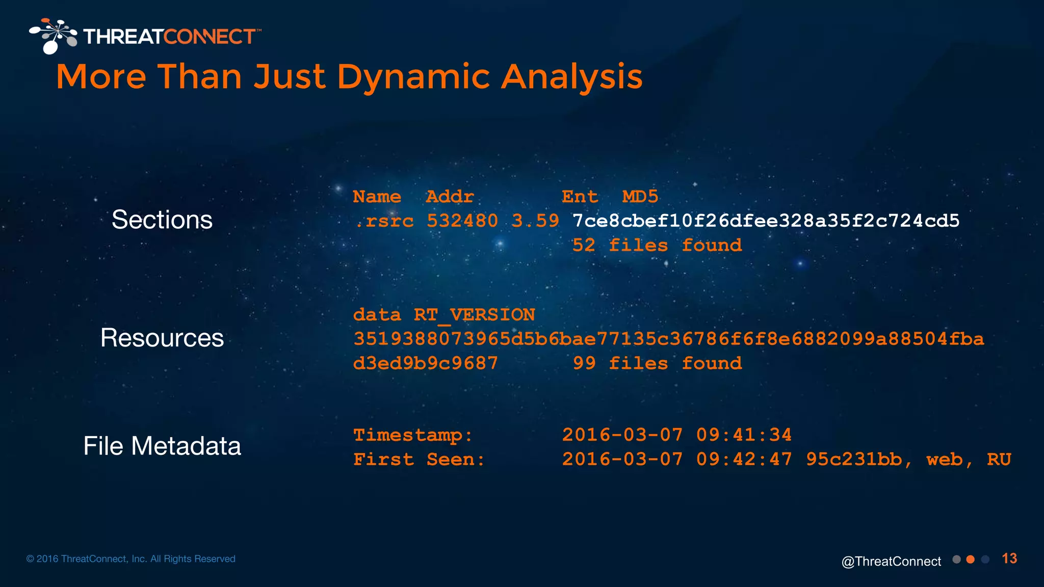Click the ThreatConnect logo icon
pos(53,36)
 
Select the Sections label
pos(162,220)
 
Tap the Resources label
pos(162,338)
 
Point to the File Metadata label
pos(162,446)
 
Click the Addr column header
pos(450,197)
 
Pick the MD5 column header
pos(640,197)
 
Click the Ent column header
pos(580,197)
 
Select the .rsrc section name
pos(384,221)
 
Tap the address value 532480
pos(462,221)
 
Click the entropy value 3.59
pos(535,221)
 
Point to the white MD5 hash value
pos(766,221)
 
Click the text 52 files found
pos(657,246)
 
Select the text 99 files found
pos(657,364)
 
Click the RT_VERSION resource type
pos(474,315)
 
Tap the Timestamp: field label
pos(413,436)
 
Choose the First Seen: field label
pos(419,460)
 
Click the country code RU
pos(999,460)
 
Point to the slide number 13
pos(1009,559)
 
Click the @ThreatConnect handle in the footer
pos(891,562)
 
